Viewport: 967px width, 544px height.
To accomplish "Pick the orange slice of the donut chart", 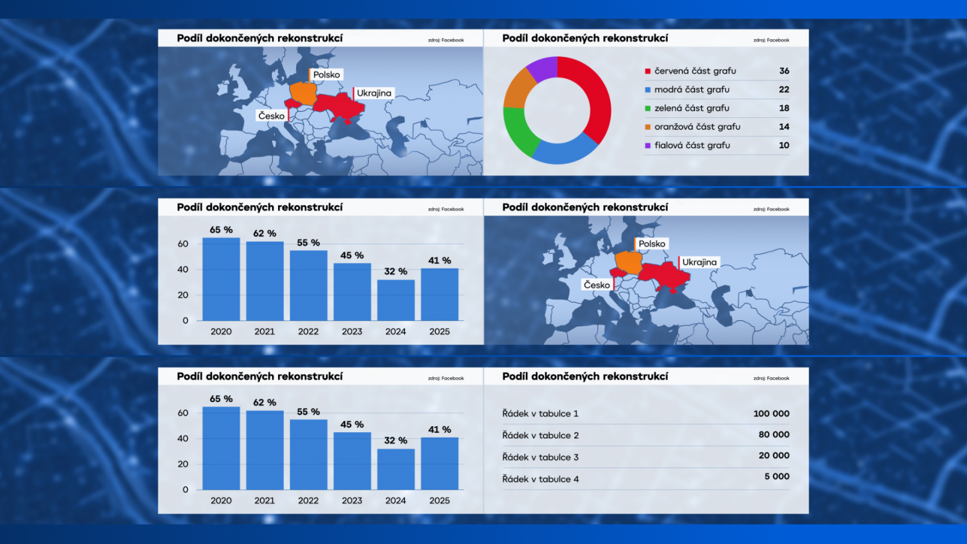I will (517, 88).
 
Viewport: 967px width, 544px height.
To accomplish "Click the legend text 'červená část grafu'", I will (695, 71).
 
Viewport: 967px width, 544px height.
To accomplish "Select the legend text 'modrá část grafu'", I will (691, 89).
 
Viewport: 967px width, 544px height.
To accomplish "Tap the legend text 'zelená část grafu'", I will (691, 108).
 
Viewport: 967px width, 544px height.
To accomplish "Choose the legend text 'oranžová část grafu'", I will (697, 127).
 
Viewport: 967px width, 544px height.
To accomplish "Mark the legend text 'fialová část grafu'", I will (692, 146).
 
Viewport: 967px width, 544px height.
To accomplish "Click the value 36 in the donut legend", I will (784, 71).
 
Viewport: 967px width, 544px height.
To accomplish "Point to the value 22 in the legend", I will (784, 89).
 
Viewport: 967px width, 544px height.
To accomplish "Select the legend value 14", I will (784, 127).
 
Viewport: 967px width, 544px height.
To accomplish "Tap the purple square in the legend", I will (648, 146).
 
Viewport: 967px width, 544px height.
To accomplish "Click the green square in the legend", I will (648, 109).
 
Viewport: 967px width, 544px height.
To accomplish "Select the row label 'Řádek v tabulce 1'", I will (540, 413).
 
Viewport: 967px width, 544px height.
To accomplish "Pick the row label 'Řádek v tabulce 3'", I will (540, 457).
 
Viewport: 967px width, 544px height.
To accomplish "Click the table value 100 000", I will (771, 413).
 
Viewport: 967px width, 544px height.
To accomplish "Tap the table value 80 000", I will (774, 435).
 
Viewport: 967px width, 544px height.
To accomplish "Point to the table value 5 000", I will (777, 476).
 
